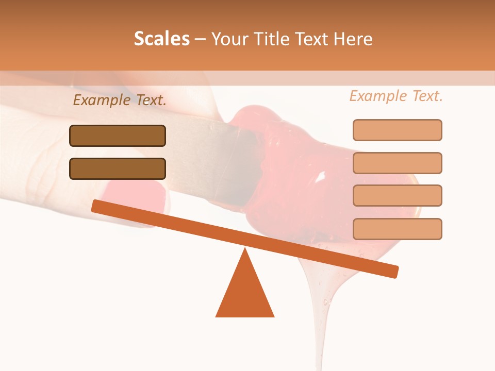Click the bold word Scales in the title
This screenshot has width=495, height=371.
click(x=161, y=39)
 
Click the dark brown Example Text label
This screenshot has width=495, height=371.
click(x=120, y=100)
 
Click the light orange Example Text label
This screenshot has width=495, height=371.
click(x=396, y=96)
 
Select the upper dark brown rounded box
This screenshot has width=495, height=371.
click(x=118, y=136)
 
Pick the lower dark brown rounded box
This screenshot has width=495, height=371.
click(x=118, y=168)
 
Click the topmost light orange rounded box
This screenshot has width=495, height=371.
click(x=397, y=130)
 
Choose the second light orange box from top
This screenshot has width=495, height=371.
click(x=397, y=163)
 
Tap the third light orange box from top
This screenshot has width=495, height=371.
click(x=397, y=195)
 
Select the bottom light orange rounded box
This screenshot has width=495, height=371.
click(x=397, y=229)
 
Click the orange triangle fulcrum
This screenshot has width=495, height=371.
click(x=245, y=294)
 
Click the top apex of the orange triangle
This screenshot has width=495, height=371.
click(x=245, y=249)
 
